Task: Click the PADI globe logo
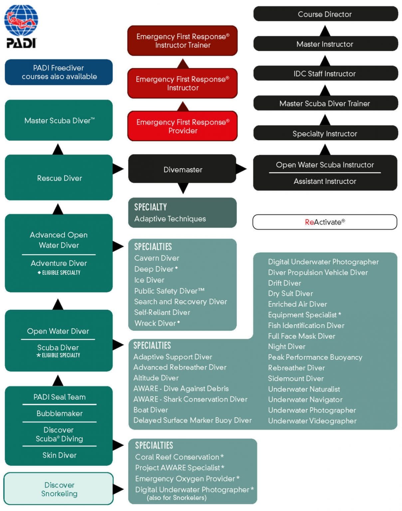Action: click(21, 26)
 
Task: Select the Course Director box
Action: click(325, 14)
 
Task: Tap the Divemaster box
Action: click(182, 169)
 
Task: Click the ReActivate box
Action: click(324, 222)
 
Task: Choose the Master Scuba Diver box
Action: click(59, 120)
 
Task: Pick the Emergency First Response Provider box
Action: click(182, 126)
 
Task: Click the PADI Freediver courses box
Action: click(59, 72)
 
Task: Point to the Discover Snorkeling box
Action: click(59, 489)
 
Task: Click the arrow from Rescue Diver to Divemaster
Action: click(118, 169)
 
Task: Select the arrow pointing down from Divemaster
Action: click(183, 188)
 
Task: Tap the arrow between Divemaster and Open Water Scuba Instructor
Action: click(241, 169)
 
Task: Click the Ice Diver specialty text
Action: click(149, 280)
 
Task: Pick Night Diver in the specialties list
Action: click(287, 347)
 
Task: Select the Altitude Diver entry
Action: click(156, 378)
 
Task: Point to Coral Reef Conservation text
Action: click(177, 457)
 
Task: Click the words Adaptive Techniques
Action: click(170, 219)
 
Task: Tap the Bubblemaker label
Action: click(59, 414)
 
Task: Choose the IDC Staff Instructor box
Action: click(325, 74)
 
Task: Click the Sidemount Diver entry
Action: click(296, 379)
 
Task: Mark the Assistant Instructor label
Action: click(325, 181)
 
